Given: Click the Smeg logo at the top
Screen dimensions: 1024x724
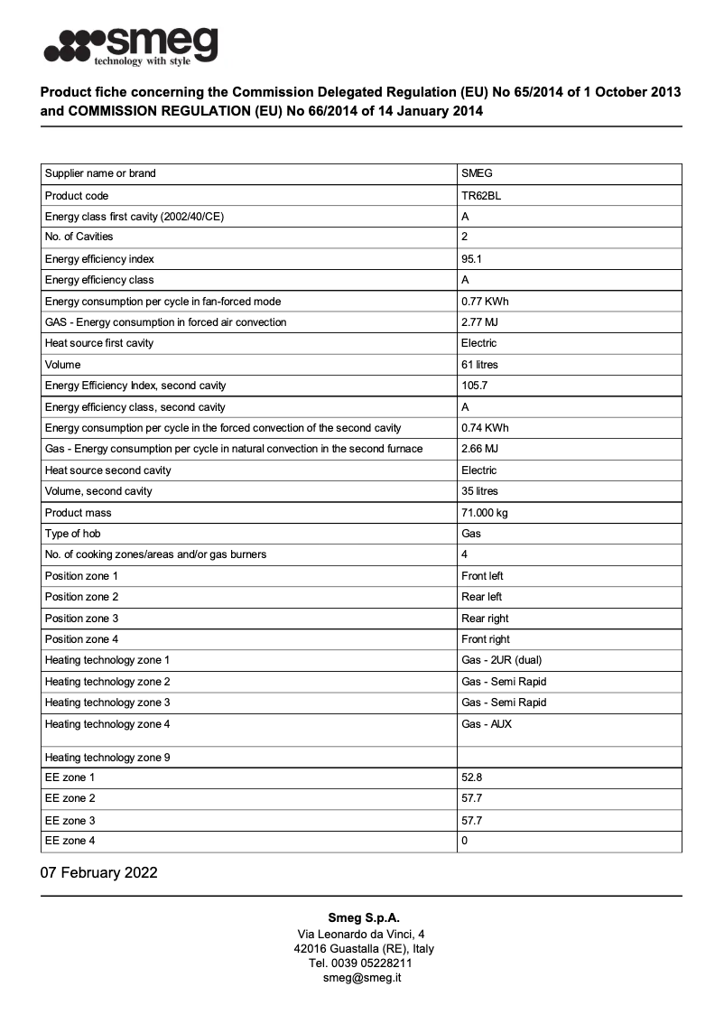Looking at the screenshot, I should point(132,45).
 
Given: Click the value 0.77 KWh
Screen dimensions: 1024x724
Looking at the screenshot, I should point(485,301).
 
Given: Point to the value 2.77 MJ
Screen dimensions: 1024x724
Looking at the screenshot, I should point(479,321).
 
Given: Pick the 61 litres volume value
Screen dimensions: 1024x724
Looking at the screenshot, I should point(479,364).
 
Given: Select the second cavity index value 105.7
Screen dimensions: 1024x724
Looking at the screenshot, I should point(475,386).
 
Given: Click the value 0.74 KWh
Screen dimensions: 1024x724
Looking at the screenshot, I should point(485,427).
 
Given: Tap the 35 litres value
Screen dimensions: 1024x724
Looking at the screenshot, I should point(479,491).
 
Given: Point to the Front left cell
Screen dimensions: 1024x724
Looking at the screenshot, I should point(482,575).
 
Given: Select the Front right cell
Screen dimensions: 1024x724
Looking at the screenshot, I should point(486,639).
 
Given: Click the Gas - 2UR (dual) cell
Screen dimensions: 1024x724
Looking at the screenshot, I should point(502,660).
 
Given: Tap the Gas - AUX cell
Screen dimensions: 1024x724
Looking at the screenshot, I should point(487,723).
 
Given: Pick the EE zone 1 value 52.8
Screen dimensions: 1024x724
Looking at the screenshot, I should point(471,777).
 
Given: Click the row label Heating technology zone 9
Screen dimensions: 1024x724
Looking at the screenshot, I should point(107,758).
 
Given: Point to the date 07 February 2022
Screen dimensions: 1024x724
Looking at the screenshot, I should point(99,872).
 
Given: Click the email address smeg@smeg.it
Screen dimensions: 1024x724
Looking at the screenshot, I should point(362,977).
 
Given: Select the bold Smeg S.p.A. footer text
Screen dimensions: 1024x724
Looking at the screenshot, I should point(362,917).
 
